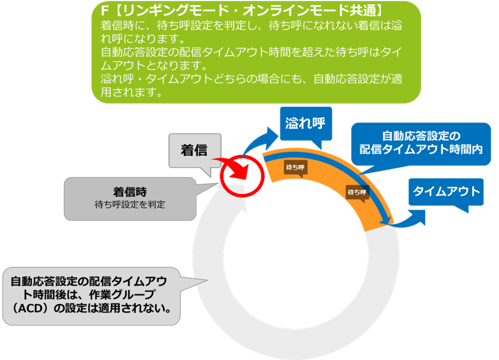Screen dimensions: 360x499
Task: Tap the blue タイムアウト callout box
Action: click(446, 191)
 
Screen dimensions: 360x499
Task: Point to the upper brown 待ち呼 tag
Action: click(295, 166)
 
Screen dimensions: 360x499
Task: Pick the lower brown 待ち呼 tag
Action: click(356, 192)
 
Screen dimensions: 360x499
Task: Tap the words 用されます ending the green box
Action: click(131, 93)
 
